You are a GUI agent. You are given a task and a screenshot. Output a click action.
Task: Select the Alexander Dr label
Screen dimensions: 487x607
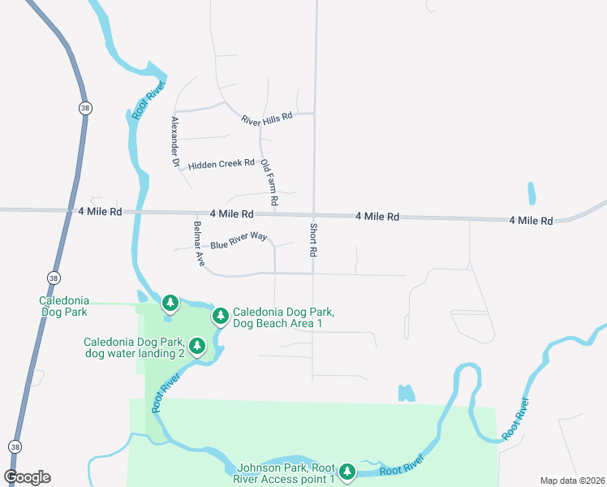coord(174,141)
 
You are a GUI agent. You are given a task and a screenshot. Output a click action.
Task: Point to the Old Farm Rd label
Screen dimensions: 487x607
coord(269,182)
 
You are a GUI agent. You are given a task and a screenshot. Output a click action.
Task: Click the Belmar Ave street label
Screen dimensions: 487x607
coord(199,243)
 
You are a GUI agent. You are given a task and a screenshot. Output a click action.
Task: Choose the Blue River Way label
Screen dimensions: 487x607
coord(239,241)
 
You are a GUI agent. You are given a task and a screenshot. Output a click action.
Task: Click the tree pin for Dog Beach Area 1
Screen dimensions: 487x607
coord(219,316)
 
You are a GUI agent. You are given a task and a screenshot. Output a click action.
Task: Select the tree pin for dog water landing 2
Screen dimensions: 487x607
coord(197,347)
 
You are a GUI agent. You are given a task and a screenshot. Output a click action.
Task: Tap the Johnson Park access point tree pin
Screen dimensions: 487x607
coord(347,472)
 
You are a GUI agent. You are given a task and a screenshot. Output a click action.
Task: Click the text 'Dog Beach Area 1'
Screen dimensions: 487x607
coord(278,324)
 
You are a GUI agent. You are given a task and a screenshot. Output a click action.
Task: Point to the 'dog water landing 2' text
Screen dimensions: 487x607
coord(136,353)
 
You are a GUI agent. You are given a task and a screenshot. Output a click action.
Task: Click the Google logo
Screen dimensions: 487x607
coord(28,477)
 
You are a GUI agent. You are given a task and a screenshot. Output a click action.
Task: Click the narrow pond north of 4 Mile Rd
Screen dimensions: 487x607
coord(532,193)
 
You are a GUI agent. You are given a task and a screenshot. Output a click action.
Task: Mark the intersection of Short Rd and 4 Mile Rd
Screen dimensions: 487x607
coord(314,215)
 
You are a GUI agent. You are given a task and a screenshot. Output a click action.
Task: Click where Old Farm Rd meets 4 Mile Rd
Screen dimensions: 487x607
coord(273,214)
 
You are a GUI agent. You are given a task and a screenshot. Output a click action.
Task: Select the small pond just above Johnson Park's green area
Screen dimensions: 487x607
coord(407,394)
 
